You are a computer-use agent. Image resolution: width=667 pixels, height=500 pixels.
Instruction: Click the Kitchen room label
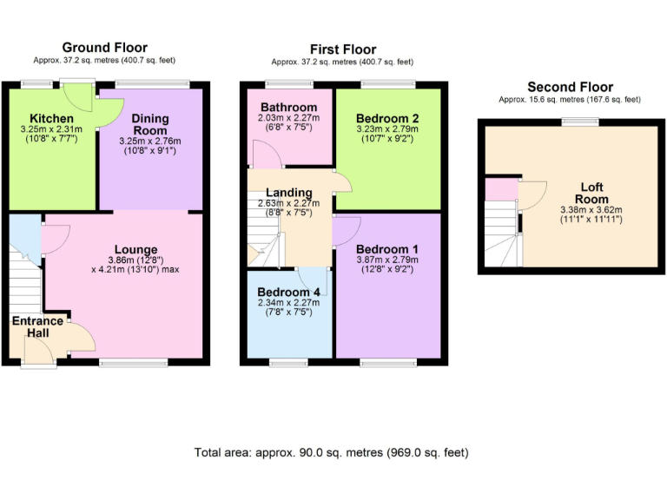click(51, 119)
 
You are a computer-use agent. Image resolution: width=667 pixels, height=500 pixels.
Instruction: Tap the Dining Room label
click(150, 124)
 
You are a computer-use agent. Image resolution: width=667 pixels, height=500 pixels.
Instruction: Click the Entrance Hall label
click(36, 327)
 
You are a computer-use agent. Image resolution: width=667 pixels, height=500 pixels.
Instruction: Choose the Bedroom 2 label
click(387, 118)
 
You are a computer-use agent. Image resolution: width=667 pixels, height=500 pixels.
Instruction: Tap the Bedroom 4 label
click(289, 293)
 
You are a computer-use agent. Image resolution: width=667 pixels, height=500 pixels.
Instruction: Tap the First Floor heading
click(343, 49)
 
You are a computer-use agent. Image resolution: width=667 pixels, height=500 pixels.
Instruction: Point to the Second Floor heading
click(570, 87)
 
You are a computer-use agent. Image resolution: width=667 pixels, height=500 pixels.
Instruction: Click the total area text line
click(333, 452)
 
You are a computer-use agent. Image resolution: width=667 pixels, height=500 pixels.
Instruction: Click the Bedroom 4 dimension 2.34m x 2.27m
click(289, 303)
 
